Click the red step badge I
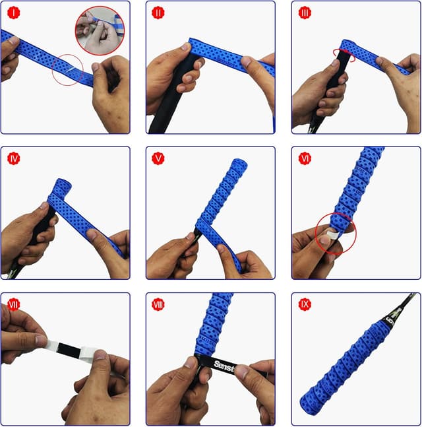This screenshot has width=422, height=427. coord(12,13)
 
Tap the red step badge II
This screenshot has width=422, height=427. coord(158,13)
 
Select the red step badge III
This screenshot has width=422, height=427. coord(304,13)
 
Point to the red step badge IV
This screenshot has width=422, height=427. coord(12,158)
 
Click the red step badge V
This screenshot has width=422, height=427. coord(158,158)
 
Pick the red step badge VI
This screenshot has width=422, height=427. coord(304,158)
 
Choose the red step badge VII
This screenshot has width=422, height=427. coord(13,304)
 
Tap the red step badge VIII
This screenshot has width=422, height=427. coord(158,304)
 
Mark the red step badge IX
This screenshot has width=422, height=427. coord(304,304)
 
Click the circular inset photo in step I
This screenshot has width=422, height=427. coord(98,28)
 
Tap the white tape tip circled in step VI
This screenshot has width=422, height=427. coord(333,230)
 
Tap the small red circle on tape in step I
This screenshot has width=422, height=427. coord(68,69)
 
